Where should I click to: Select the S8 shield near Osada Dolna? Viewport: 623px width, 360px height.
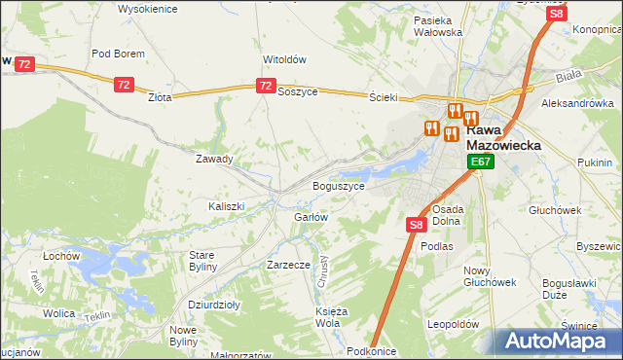[x=416, y=225]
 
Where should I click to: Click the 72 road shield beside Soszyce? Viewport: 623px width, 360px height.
[x=265, y=87]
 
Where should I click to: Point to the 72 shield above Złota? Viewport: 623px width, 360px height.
[x=123, y=86]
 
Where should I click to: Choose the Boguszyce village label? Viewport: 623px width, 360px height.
[x=338, y=186]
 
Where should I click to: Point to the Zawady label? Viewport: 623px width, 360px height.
[x=214, y=159]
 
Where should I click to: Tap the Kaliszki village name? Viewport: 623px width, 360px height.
[x=226, y=206]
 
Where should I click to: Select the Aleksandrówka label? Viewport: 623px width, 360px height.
[x=578, y=102]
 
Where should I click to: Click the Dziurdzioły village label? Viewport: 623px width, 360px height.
[x=214, y=305]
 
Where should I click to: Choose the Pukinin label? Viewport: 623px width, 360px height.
[x=594, y=162]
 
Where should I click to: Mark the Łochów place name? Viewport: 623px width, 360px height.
[x=60, y=256]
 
